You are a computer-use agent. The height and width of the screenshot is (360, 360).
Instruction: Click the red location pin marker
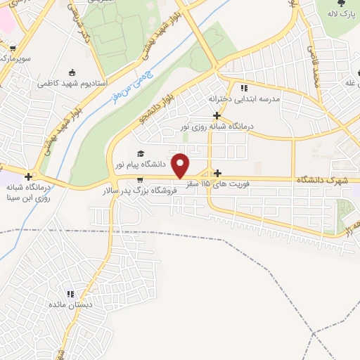[181, 165]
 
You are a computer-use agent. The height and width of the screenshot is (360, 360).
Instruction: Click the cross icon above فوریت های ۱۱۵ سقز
[217, 173]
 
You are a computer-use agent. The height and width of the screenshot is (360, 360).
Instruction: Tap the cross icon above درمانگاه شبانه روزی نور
[217, 115]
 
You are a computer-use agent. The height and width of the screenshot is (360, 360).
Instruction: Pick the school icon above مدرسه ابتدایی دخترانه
[244, 89]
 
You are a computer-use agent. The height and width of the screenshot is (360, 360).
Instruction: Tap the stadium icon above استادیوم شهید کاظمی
[73, 72]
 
